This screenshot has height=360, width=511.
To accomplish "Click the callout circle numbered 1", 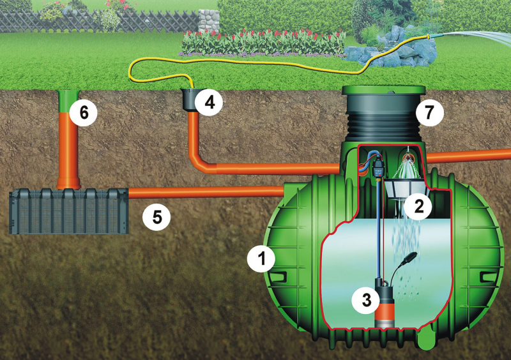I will (261, 259).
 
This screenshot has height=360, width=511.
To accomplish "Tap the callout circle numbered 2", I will (419, 206).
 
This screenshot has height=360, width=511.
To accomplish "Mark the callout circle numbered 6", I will (83, 113).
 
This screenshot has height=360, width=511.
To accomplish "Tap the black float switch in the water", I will (408, 259).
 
